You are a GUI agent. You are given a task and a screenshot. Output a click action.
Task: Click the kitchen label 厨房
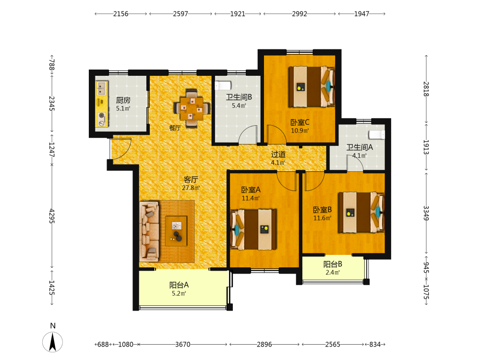123,100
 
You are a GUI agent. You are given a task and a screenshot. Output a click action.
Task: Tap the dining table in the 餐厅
192,108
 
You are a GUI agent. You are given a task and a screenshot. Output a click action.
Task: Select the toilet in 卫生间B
223,85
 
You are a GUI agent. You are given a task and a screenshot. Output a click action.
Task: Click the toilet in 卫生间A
376,135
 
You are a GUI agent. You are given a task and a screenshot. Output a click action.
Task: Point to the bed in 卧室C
312,86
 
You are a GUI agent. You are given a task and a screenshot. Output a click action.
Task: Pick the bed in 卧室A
253,229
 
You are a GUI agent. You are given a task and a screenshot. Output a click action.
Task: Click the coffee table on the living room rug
176,231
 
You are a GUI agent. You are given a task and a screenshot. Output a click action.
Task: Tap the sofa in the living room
149,231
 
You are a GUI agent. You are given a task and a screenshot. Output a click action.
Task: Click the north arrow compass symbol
53,342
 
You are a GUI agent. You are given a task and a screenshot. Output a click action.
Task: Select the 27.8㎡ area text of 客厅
191,188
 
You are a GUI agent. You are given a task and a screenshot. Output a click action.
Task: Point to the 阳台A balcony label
179,285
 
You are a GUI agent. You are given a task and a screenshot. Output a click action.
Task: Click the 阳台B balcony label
333,264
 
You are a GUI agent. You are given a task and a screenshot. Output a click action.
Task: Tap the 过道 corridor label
278,154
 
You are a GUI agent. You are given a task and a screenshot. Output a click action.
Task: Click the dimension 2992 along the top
300,14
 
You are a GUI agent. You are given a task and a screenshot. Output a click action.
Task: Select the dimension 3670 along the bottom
183,344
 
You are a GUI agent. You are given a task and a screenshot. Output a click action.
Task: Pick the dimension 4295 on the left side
52,216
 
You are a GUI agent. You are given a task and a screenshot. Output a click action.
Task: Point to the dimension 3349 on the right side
426,213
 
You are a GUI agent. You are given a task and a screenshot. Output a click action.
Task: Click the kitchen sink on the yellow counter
102,88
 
